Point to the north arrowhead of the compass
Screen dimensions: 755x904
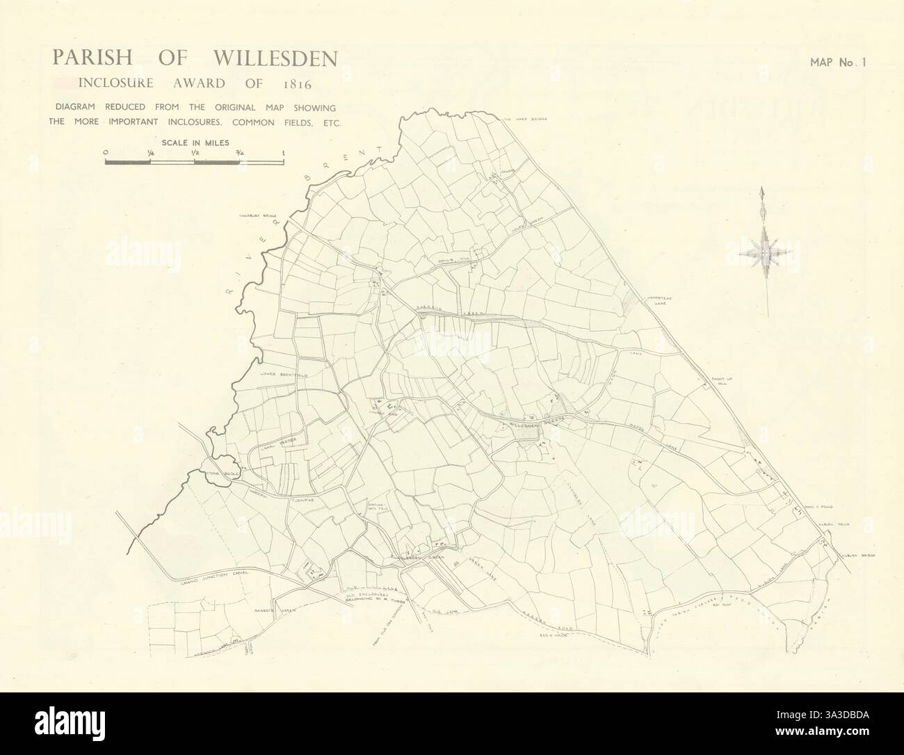[x=763, y=193]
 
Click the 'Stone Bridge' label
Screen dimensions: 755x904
[x=223, y=473]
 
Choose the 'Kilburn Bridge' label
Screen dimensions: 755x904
[x=853, y=554]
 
